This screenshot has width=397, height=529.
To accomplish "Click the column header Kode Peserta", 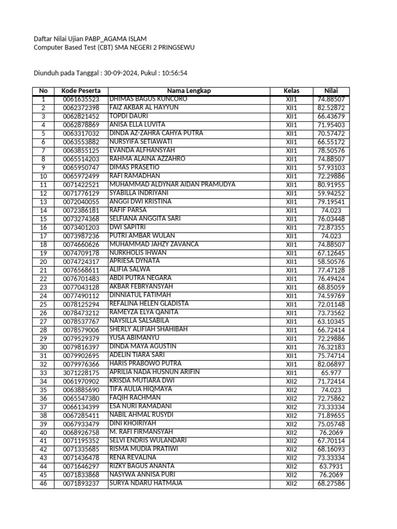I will (x=81, y=90).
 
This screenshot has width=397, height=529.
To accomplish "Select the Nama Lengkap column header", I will (x=189, y=90).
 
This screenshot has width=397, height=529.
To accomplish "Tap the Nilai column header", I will (x=331, y=90).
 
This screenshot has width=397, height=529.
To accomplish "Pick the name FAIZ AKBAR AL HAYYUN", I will (x=144, y=107).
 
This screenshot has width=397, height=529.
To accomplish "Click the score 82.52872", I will (x=331, y=108).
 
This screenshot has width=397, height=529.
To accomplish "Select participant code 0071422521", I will (x=81, y=185).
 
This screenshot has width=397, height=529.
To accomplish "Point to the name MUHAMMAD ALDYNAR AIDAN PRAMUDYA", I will (x=172, y=184).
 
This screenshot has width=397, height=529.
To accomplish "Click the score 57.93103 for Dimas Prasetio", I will (x=331, y=168).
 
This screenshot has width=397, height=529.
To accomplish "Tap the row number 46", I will (x=43, y=484).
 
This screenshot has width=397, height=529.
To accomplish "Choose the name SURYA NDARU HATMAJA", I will (x=145, y=484).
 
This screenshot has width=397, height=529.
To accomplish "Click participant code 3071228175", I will (x=81, y=373).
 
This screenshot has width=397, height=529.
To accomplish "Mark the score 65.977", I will (x=331, y=373).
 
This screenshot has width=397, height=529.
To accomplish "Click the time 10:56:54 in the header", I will (x=175, y=73).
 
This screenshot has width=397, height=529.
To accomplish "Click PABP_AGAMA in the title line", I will (x=109, y=39).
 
